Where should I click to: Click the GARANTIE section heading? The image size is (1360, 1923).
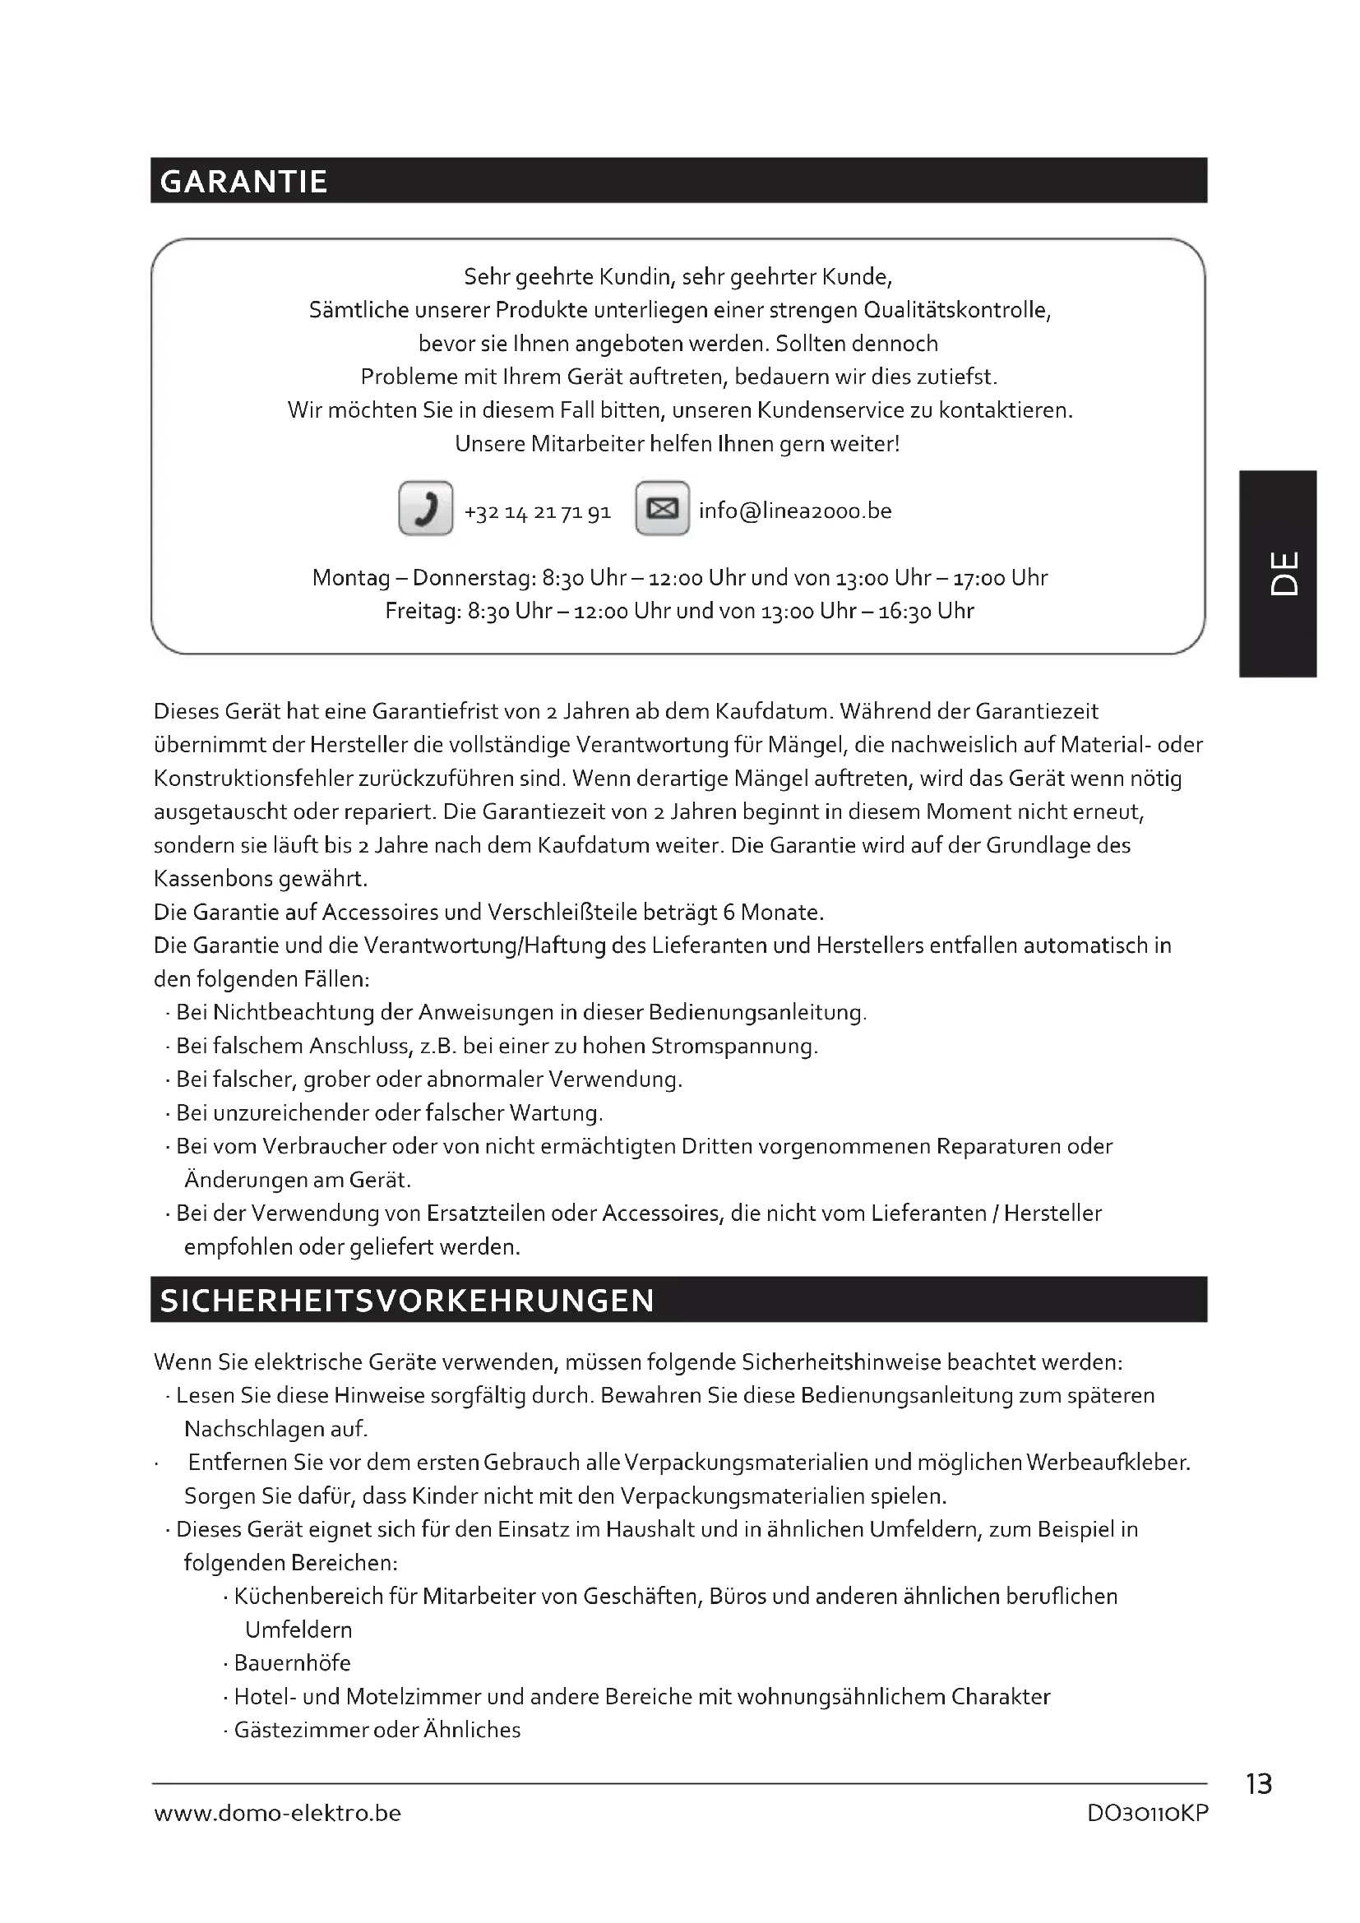pos(243,182)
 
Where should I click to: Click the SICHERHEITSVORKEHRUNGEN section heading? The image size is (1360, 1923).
pos(407,1300)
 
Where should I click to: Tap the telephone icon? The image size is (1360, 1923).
pos(425,508)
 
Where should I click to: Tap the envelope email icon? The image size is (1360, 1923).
pos(663,508)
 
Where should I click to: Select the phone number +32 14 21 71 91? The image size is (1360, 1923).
pos(538,511)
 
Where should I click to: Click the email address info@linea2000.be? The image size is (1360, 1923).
pos(795,511)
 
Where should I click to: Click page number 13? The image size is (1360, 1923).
pos(1259,1784)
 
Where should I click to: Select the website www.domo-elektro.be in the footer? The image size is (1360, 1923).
pos(277,1814)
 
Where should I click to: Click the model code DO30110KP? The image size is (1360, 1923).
pos(1147,1814)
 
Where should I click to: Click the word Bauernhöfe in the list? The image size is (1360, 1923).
pos(292,1663)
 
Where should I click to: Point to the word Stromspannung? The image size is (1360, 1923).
pos(733,1047)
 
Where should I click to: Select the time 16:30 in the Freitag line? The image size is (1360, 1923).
pos(904,612)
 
